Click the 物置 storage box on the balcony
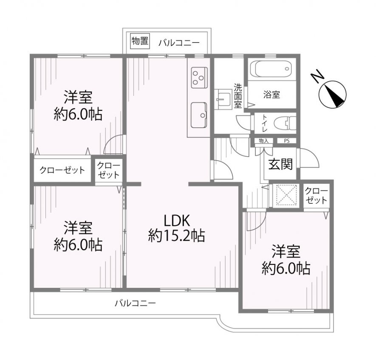coord(139,42)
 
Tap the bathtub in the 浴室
coord(271,69)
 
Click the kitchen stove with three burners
coord(199,78)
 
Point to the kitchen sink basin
coord(199,115)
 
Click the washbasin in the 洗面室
coord(223,99)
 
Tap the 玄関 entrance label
coord(280,164)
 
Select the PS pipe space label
coord(287,141)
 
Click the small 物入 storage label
coord(263,141)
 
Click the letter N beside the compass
coord(317,77)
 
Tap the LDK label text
coord(177,220)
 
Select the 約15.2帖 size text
coord(176,236)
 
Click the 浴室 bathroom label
coord(271,95)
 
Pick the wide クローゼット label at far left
coord(62,170)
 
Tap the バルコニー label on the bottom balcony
coord(135,303)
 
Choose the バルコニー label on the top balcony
coord(179,43)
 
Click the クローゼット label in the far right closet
coord(316,195)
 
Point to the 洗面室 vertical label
coord(238,96)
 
